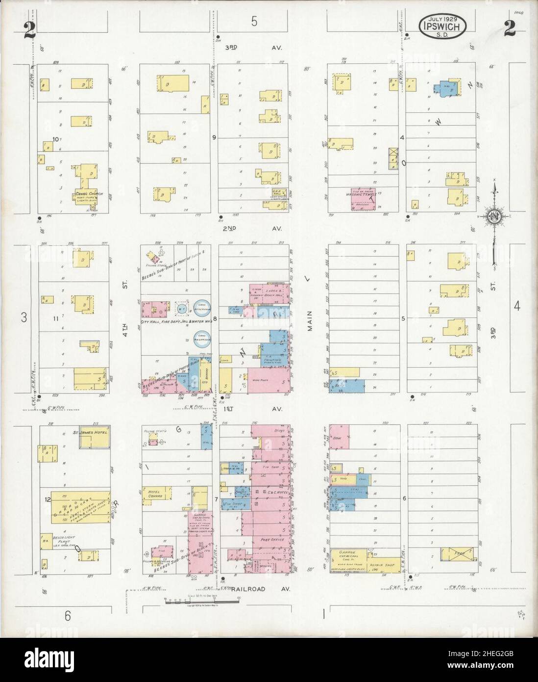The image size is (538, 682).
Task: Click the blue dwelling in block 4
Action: (447, 89)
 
